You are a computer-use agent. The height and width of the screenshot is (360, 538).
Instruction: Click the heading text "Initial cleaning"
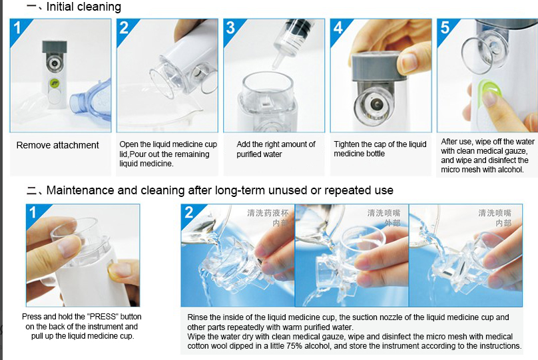tap(83, 7)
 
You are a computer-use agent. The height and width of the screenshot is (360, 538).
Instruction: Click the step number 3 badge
tap(231, 28)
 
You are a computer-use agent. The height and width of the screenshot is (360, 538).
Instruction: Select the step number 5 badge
tap(445, 28)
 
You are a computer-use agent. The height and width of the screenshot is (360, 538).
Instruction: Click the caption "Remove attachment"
tap(57, 145)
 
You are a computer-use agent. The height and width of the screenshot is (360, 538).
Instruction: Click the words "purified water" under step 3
tap(260, 154)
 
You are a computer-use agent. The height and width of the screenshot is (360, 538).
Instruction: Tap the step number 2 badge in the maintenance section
tap(190, 213)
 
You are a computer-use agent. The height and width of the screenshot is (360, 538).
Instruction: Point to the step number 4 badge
tap(338, 28)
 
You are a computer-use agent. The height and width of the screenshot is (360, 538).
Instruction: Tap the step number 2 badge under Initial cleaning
tap(125, 28)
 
